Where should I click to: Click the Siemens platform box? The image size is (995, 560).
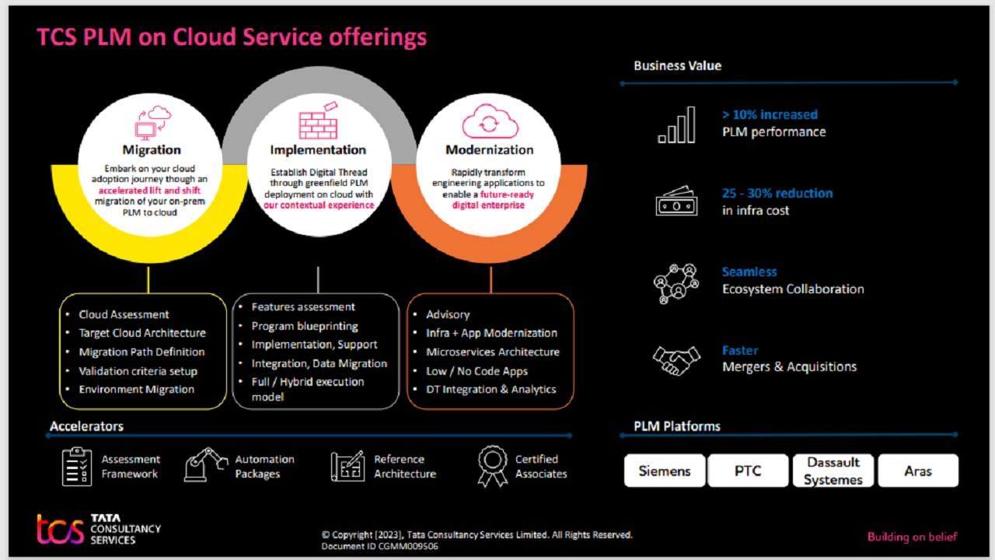pos(665,471)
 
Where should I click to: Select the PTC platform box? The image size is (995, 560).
pos(748,471)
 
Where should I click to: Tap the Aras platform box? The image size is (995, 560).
pos(917,471)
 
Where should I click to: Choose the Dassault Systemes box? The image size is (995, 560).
pos(833,471)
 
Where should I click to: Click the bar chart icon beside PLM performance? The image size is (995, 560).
pos(676,125)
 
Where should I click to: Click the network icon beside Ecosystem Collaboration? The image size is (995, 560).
pos(676,282)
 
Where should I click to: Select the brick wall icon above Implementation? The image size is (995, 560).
pos(318,121)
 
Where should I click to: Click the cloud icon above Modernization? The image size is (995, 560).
pos(489,121)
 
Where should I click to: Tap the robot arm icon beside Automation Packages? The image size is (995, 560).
pos(206,465)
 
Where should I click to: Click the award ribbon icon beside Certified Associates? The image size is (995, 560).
pos(493,466)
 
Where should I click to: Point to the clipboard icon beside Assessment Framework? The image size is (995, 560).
pos(77,466)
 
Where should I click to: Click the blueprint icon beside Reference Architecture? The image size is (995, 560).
pos(347,466)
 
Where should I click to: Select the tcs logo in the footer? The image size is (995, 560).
pos(60,529)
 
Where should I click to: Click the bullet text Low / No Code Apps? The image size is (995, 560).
pos(477,371)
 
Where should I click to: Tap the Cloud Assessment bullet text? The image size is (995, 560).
pos(124,314)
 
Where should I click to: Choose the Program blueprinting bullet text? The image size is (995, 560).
pos(305,326)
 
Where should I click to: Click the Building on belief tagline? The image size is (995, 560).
pos(912,537)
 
